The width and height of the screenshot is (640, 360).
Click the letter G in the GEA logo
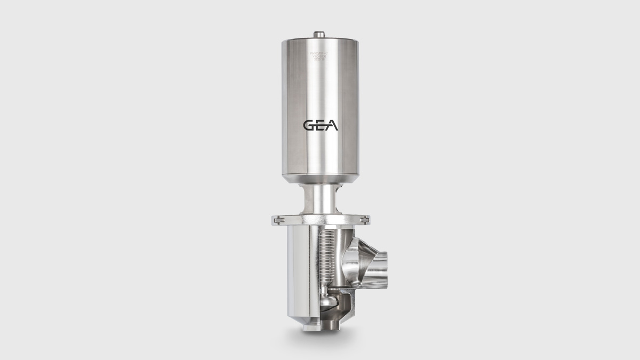309,125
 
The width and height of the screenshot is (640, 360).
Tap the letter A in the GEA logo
331,125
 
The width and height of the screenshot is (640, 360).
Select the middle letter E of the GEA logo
320,125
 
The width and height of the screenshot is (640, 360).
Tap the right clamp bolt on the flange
365,218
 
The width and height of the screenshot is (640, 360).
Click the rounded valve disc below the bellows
319,302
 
